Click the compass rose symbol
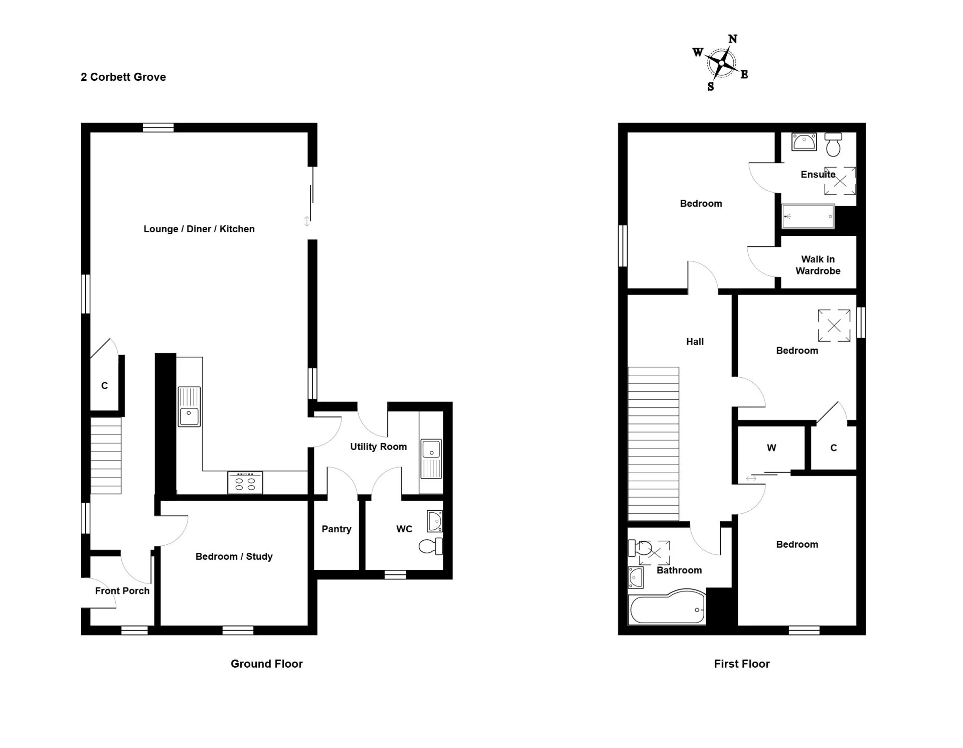[x=721, y=63]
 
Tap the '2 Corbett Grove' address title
[x=123, y=77]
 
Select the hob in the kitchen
[x=245, y=483]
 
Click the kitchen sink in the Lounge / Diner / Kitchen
[x=189, y=407]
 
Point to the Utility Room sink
[x=431, y=459]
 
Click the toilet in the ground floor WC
[x=430, y=546]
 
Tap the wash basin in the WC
[x=435, y=521]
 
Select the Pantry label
[x=337, y=529]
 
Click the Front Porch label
[x=122, y=590]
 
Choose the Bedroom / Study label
[x=234, y=556]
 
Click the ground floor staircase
[x=106, y=456]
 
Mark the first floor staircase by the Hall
[x=654, y=444]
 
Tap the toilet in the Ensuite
[x=834, y=144]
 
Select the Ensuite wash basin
[x=804, y=141]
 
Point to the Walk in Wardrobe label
[x=818, y=265]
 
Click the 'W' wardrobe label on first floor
[x=771, y=448]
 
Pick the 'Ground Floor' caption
[x=267, y=664]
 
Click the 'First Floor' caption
[x=742, y=664]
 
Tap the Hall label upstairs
[x=695, y=342]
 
